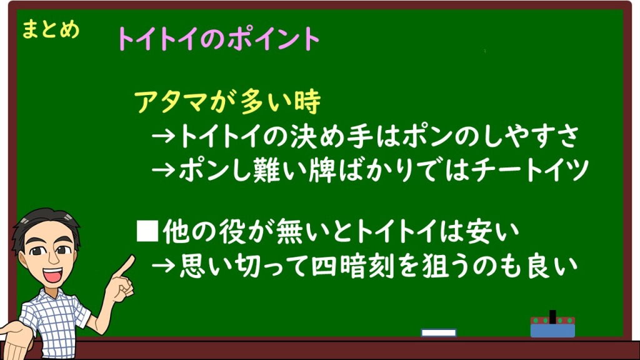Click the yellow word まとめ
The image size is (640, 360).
pyautogui.click(x=51, y=29)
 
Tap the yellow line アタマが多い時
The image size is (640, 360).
pyautogui.click(x=227, y=102)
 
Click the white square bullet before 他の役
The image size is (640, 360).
pyautogui.click(x=147, y=231)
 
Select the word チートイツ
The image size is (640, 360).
pyautogui.click(x=529, y=170)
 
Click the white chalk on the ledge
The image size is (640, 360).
pyautogui.click(x=438, y=332)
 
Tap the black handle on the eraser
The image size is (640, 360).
pyautogui.click(x=552, y=317)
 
